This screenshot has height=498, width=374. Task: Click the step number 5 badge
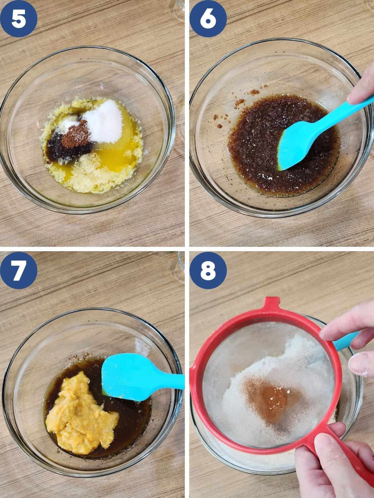(x=19, y=19)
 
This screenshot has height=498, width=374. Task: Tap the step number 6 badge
(x=208, y=19)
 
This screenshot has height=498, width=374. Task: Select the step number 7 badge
(x=19, y=270)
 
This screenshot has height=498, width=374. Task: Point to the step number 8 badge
(x=208, y=270)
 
